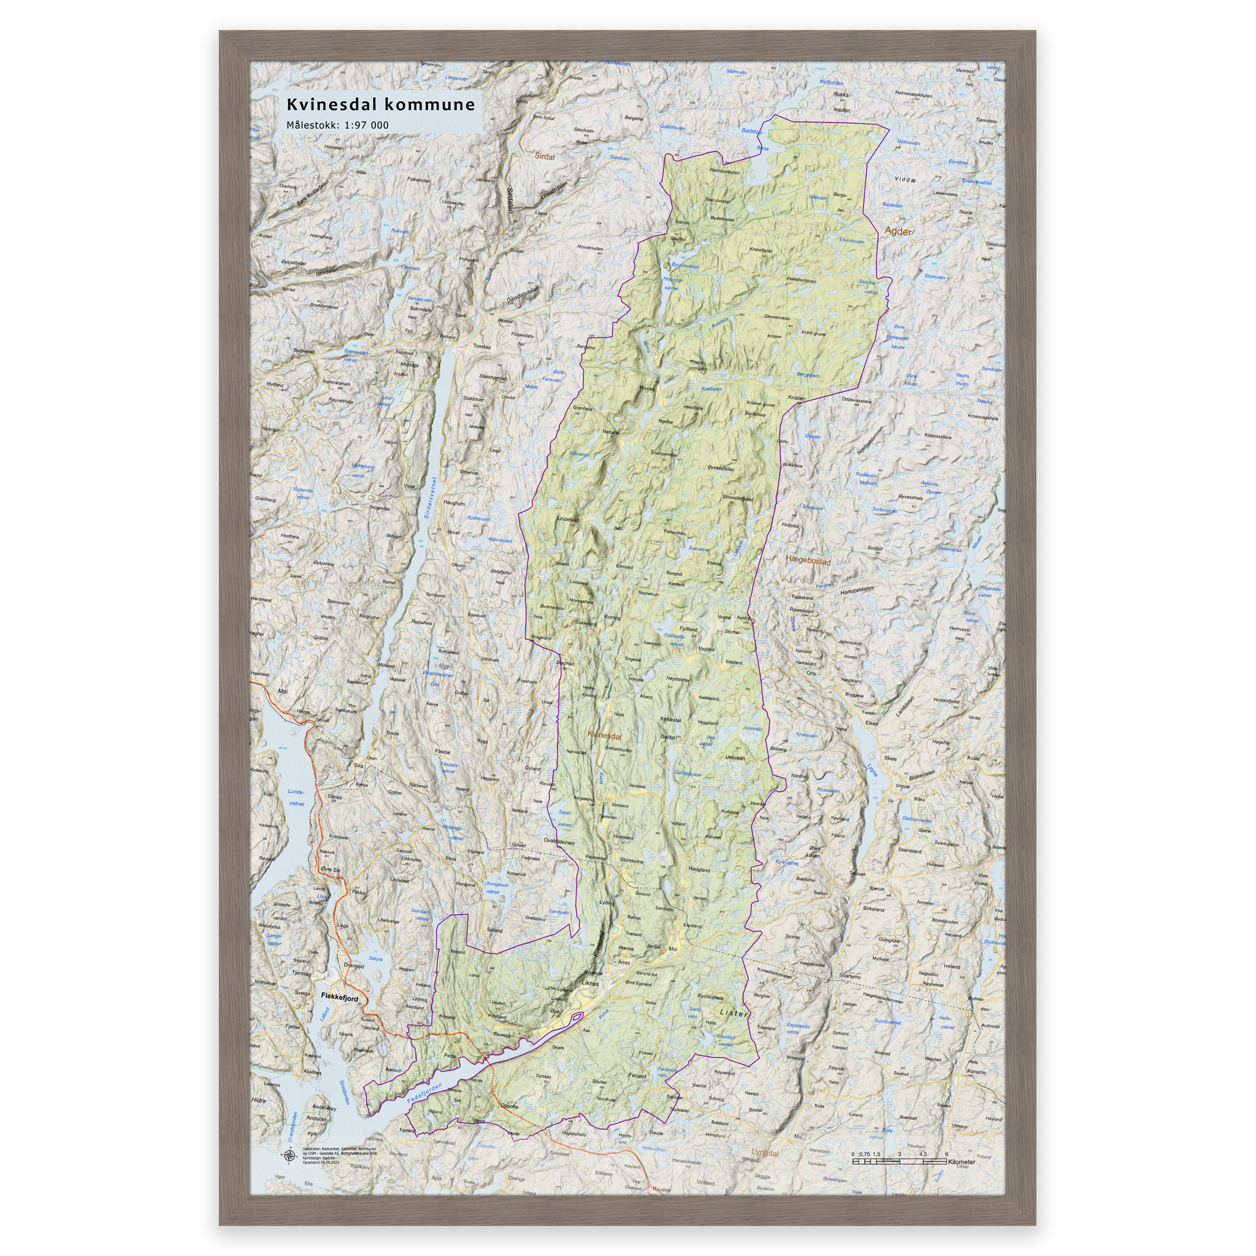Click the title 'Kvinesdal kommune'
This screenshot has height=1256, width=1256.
[381, 104]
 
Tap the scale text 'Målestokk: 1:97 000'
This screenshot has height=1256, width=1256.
[337, 125]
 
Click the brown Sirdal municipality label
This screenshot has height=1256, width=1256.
[544, 156]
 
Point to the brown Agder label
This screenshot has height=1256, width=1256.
[898, 231]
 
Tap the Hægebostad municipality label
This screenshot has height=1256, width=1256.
[808, 560]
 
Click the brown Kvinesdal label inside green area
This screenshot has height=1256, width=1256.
[605, 737]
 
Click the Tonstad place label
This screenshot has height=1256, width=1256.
[481, 347]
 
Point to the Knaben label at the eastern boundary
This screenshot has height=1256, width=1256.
[797, 398]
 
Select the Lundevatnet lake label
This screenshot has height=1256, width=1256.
[296, 798]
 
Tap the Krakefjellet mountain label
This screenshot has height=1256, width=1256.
[760, 250]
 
